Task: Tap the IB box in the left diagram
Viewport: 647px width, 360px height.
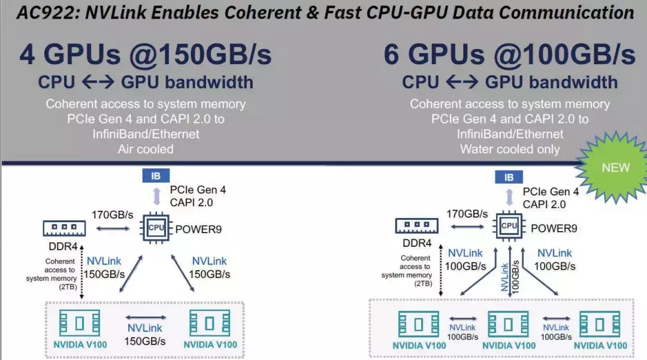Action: (x=156, y=176)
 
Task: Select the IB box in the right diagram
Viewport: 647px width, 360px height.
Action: (x=509, y=177)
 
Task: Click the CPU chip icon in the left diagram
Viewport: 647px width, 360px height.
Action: (x=156, y=227)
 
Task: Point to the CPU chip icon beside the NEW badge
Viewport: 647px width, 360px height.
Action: (x=509, y=226)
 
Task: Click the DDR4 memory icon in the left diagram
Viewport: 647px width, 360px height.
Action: (x=64, y=228)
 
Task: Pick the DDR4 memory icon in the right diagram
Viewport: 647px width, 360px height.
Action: (x=417, y=226)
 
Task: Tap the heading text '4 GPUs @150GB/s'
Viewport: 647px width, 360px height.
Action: (x=146, y=55)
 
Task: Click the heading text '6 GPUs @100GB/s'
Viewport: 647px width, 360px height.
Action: (x=510, y=55)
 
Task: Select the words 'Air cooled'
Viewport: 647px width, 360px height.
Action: (x=146, y=149)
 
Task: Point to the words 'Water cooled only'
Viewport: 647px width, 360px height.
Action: (x=510, y=149)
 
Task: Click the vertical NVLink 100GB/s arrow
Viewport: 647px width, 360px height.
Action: (x=510, y=271)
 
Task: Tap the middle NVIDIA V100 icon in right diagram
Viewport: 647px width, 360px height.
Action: (x=508, y=324)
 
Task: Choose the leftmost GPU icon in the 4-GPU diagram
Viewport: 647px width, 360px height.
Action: (x=79, y=323)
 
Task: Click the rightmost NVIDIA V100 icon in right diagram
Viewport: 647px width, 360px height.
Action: (x=600, y=324)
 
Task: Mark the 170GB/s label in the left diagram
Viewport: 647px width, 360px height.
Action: (x=112, y=215)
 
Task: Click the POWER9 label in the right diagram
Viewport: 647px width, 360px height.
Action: (x=554, y=228)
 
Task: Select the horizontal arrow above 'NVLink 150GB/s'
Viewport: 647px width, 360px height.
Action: (x=146, y=317)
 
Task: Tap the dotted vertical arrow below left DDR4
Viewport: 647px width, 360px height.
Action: (x=81, y=272)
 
